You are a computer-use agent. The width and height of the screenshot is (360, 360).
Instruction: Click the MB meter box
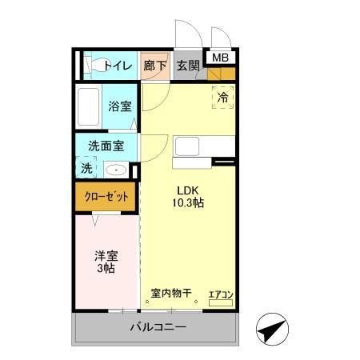(218, 57)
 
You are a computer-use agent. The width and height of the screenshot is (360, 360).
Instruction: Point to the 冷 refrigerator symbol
(223, 97)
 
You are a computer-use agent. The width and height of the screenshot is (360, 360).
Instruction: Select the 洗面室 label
(106, 146)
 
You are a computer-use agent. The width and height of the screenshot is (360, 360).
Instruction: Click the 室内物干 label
(171, 293)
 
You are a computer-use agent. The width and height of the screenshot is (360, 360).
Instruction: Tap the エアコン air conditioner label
(220, 295)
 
